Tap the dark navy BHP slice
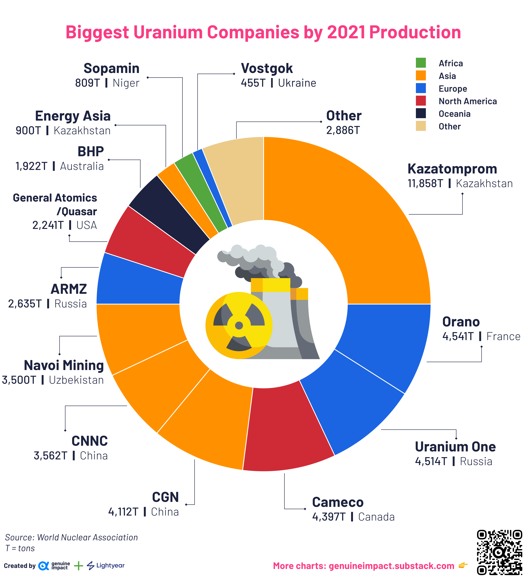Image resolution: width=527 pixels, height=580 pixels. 170,213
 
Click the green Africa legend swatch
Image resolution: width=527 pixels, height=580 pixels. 421,63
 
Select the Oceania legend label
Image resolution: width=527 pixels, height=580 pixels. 454,114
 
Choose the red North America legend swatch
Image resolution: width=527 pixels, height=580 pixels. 421,101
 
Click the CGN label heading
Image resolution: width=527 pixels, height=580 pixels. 165,497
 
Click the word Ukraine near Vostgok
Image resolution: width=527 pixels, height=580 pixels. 297,83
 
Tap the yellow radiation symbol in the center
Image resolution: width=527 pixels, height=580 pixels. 239,325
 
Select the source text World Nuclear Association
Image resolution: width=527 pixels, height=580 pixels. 87,537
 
